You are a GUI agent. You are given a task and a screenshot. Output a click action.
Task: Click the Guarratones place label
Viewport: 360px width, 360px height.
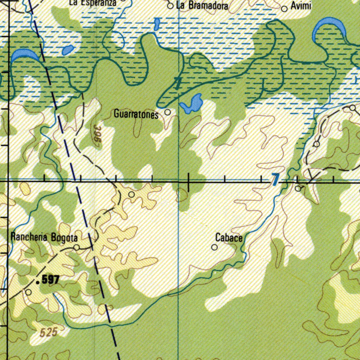(136, 114)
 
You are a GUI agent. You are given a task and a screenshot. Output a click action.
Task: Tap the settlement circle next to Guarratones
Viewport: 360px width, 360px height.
(168, 112)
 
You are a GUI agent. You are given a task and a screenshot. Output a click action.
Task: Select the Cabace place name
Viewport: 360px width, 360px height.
(229, 238)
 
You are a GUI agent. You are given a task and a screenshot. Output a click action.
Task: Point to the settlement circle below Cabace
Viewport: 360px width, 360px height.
(214, 247)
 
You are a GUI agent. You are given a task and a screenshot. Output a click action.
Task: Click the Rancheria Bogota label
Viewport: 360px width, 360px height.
(44, 237)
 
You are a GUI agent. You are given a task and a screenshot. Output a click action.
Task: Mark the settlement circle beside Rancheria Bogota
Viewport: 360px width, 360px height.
(77, 247)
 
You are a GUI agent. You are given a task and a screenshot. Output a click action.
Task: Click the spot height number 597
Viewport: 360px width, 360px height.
(51, 280)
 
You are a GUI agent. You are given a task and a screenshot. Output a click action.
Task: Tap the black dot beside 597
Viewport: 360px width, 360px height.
(38, 281)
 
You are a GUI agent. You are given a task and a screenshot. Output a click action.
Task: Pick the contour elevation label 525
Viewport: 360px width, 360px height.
(49, 333)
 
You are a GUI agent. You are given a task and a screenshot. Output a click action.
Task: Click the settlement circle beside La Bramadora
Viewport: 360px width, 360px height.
(170, 6)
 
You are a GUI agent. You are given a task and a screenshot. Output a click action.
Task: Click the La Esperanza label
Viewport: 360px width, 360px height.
(93, 2)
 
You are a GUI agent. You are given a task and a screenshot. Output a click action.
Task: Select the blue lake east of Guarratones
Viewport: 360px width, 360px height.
(192, 103)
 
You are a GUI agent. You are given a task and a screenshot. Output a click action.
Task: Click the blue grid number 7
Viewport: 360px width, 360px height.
(275, 180)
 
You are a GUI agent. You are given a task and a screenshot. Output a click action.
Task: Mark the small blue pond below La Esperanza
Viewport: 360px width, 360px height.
(67, 50)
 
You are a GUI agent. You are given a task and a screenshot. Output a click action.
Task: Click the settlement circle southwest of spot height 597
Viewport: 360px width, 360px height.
(28, 292)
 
